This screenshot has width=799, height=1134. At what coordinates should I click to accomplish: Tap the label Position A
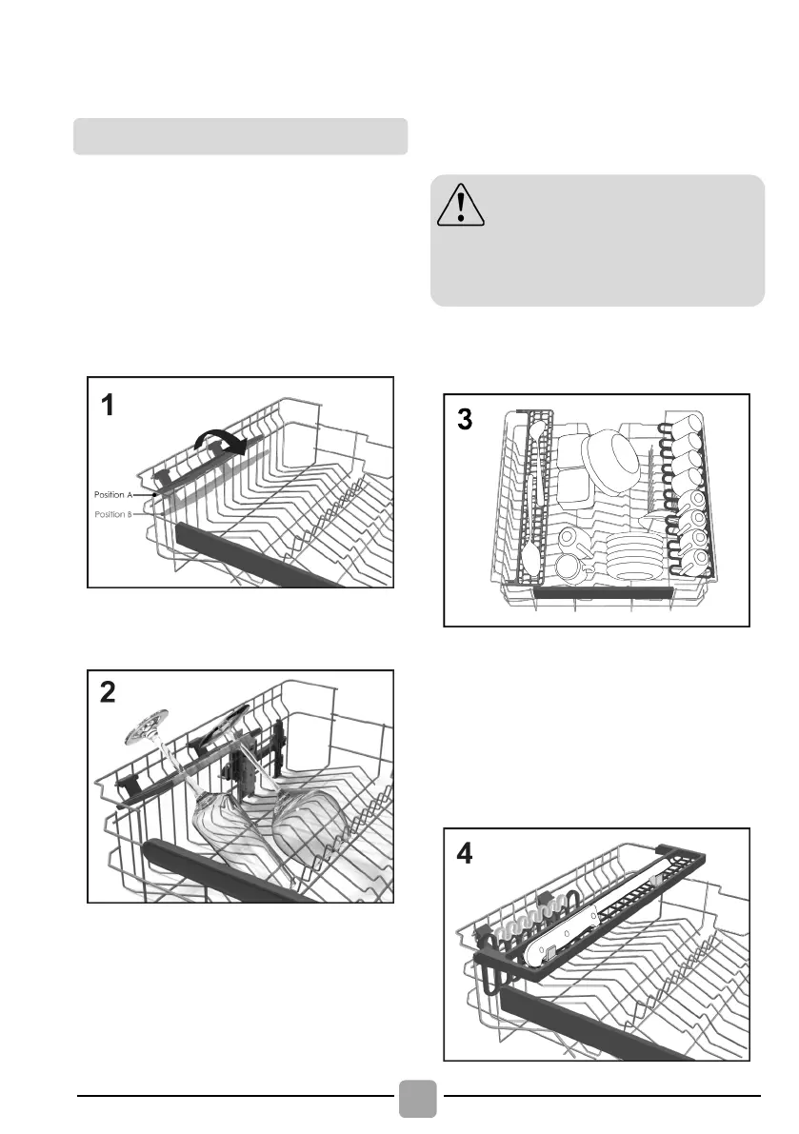(x=115, y=495)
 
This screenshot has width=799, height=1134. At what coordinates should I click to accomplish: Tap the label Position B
(x=115, y=513)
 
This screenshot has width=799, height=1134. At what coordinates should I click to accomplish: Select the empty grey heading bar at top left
(x=240, y=136)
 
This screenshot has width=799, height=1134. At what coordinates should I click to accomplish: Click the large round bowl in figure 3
(x=611, y=456)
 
